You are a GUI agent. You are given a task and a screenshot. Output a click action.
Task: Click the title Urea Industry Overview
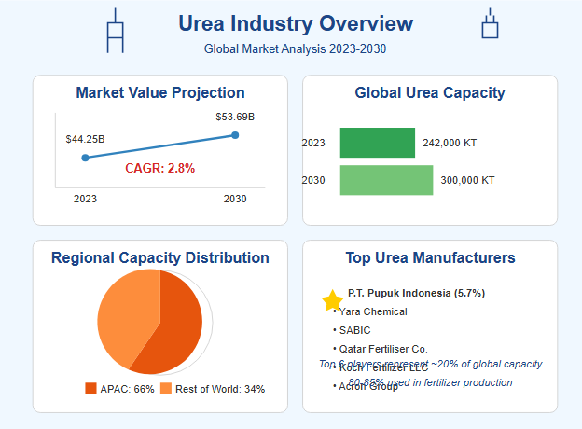pyautogui.click(x=295, y=23)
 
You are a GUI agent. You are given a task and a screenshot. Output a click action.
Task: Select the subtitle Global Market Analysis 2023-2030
pyautogui.click(x=295, y=48)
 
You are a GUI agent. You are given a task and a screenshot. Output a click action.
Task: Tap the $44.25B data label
pyautogui.click(x=85, y=139)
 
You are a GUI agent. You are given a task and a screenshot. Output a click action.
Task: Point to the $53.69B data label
pyautogui.click(x=235, y=117)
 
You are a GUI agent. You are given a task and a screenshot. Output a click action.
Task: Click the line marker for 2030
pyautogui.click(x=235, y=135)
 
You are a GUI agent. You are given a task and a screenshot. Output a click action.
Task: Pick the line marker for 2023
pyautogui.click(x=85, y=158)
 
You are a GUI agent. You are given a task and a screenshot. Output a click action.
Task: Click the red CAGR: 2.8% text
pyautogui.click(x=160, y=168)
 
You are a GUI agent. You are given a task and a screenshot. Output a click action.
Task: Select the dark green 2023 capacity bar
pyautogui.click(x=377, y=143)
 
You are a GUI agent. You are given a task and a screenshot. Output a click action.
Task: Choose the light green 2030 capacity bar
pyautogui.click(x=386, y=180)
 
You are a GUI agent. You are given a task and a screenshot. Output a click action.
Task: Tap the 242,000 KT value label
pyautogui.click(x=450, y=143)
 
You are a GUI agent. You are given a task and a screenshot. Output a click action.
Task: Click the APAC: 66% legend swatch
pyautogui.click(x=90, y=388)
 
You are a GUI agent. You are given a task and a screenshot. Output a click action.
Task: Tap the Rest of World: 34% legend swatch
pyautogui.click(x=165, y=388)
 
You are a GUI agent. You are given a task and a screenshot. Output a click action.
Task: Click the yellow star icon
pyautogui.click(x=332, y=300)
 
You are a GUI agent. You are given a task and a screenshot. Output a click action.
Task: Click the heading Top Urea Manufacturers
pyautogui.click(x=430, y=257)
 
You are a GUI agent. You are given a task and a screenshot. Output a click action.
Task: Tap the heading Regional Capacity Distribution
pyautogui.click(x=160, y=257)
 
